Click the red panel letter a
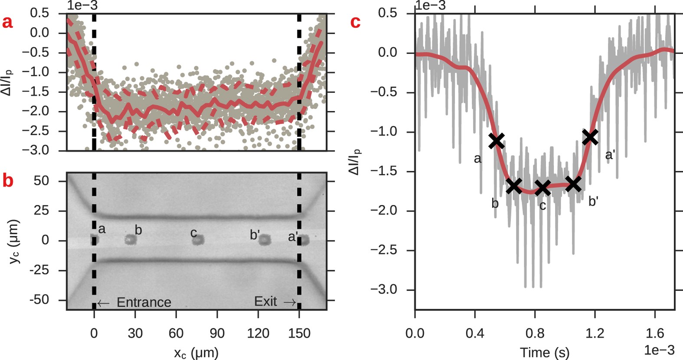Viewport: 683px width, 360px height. click(7, 22)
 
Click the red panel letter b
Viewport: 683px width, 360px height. click(7, 181)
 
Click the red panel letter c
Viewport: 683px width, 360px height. click(355, 22)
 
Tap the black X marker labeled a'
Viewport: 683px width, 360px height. click(590, 137)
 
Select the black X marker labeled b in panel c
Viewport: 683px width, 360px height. click(514, 186)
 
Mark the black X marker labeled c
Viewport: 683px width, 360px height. click(542, 188)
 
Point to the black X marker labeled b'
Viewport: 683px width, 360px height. click(573, 184)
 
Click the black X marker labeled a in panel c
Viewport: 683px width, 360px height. click(497, 141)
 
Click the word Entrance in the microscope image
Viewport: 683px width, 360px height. click(144, 302)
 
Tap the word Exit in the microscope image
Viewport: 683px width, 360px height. click(265, 301)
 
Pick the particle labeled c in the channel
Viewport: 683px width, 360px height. click(198, 239)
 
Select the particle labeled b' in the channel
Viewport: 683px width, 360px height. click(265, 239)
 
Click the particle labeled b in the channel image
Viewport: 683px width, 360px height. click(130, 239)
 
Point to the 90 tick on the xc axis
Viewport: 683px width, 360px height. click(217, 333)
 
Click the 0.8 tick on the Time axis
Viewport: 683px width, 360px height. click(535, 333)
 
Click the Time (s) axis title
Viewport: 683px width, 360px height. click(544, 352)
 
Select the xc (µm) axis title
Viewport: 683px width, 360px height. click(196, 352)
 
